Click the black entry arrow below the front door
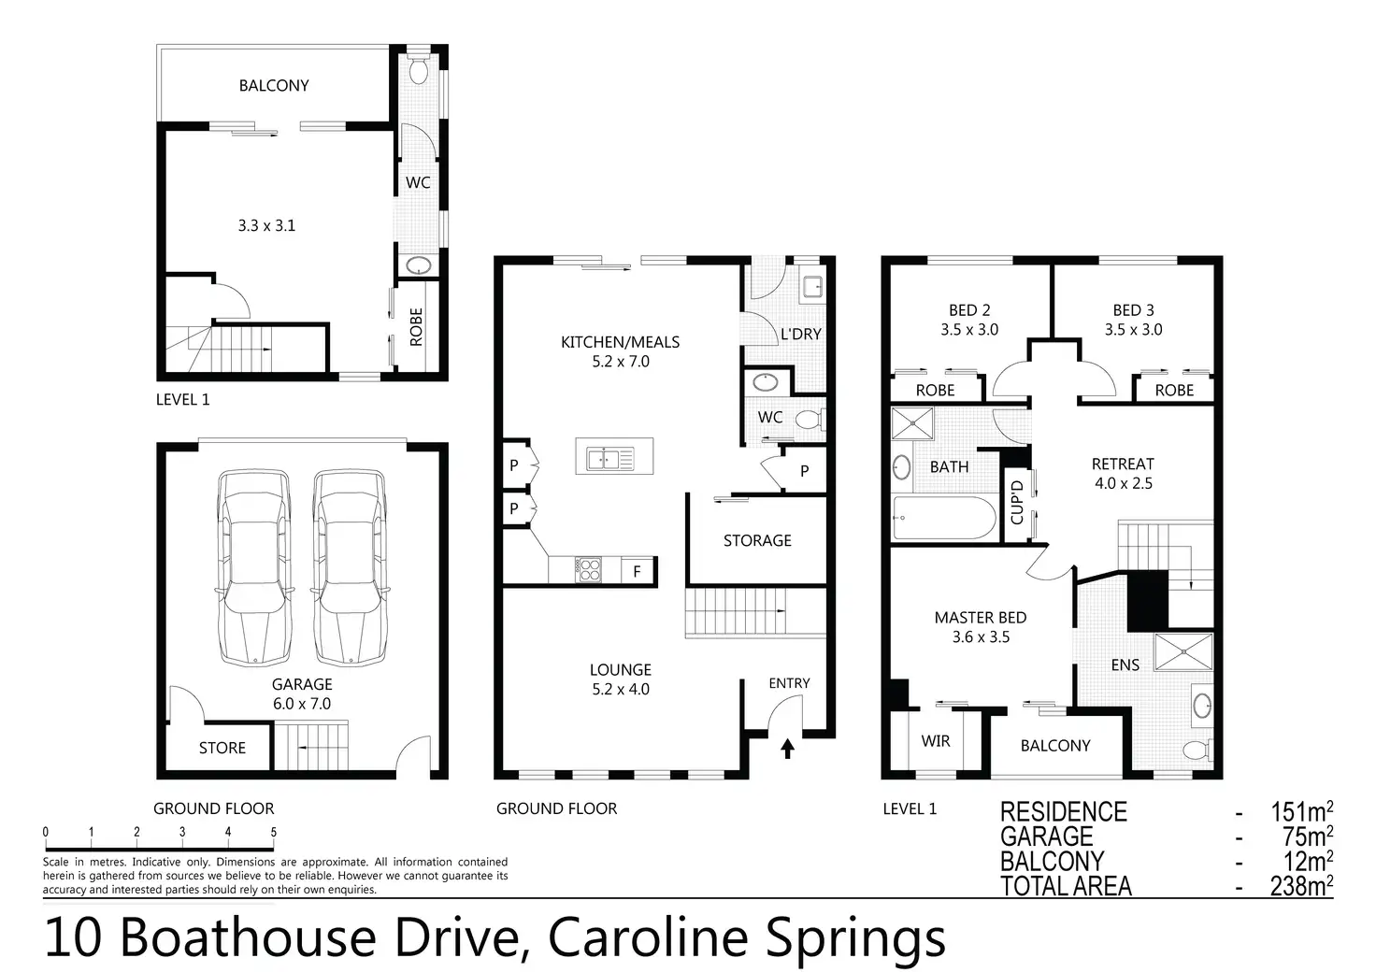[x=787, y=749]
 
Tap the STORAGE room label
[x=757, y=540]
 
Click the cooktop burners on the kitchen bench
[x=588, y=569]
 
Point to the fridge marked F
[x=638, y=571]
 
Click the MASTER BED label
[x=981, y=617]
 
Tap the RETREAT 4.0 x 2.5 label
[x=1123, y=474]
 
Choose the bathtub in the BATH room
[x=944, y=518]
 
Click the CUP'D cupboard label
[x=1017, y=502]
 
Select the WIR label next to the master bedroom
[x=935, y=741]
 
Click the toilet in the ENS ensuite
[x=1197, y=750]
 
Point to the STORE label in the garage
[x=222, y=748]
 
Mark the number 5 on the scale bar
[x=273, y=832]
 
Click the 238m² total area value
[x=1301, y=885]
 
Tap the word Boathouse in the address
[x=248, y=937]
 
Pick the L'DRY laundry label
[x=800, y=334]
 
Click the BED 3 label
[x=1133, y=310]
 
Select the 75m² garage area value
[x=1307, y=836]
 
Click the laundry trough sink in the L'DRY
[x=812, y=287]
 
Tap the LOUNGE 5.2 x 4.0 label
[x=621, y=679]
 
